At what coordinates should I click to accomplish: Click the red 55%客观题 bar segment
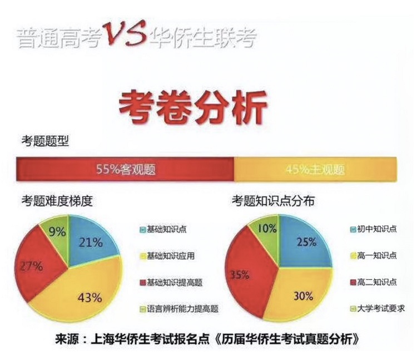(125, 169)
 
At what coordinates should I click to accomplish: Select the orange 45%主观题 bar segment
(315, 169)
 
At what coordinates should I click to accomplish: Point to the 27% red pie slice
(37, 266)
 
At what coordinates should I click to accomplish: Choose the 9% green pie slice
(56, 230)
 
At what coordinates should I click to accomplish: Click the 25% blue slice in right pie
(306, 241)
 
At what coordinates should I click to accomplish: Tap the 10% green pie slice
(266, 230)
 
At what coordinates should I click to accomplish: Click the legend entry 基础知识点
(163, 229)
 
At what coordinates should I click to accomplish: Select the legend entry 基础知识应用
(167, 256)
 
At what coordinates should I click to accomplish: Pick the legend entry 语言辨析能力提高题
(179, 309)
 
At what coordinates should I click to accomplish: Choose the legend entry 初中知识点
(374, 229)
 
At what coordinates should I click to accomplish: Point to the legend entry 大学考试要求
(378, 309)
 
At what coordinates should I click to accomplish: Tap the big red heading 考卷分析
(193, 107)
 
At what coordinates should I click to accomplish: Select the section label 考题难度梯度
(57, 201)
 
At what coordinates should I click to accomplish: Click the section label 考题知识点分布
(273, 201)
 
